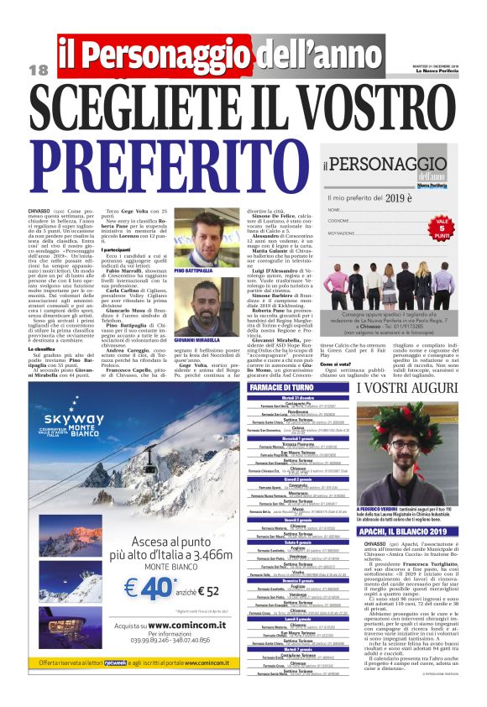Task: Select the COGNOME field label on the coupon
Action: click(x=338, y=222)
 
